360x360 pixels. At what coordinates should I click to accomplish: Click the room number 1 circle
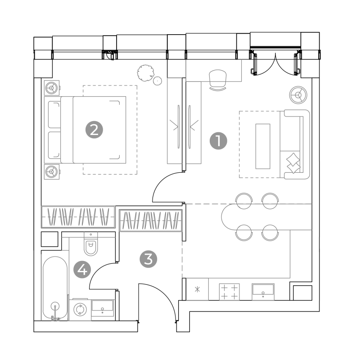[x=218, y=141]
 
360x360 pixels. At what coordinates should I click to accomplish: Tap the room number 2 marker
[x=94, y=130]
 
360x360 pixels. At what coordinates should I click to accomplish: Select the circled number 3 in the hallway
[x=148, y=259]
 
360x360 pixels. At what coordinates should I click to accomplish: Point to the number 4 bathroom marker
[x=82, y=270]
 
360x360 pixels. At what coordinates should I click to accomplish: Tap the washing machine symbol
[x=80, y=309]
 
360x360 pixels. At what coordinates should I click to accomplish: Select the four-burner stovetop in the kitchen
[x=229, y=292]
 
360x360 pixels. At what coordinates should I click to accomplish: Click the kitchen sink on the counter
[x=263, y=292]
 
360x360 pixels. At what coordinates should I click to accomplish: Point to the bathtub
[x=55, y=288]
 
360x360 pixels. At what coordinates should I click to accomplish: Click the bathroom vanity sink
[x=103, y=308]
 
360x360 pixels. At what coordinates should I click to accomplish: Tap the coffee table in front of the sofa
[x=263, y=146]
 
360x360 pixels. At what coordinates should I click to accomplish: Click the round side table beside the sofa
[x=298, y=95]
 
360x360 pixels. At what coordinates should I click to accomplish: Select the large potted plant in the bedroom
[x=145, y=73]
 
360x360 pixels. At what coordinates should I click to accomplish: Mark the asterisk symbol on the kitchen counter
[x=197, y=289]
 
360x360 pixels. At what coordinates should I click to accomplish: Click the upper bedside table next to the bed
[x=52, y=88]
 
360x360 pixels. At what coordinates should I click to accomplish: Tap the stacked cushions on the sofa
[x=293, y=163]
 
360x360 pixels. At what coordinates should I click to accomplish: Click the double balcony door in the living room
[x=275, y=63]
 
